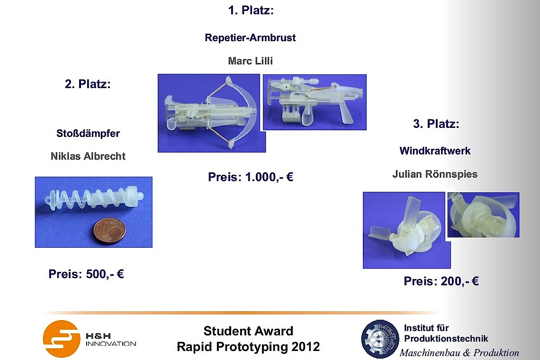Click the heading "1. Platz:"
tap(251, 10)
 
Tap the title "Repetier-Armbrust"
tap(251, 37)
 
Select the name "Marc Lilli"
tap(251, 61)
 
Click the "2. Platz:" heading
tap(88, 84)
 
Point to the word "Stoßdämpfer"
tap(88, 133)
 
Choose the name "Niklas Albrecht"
tap(88, 156)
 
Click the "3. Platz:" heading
tap(436, 124)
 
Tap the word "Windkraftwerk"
tap(435, 151)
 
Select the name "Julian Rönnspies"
tap(435, 174)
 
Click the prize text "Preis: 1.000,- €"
tap(251, 177)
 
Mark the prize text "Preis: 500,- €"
tap(86, 274)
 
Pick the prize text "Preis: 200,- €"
tap(441, 281)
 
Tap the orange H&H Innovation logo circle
tap(62, 339)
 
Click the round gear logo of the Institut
tap(380, 339)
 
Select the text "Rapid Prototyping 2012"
tap(248, 347)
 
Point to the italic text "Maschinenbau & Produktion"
tap(459, 353)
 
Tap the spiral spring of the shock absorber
tap(93, 200)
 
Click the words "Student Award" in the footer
tap(248, 331)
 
